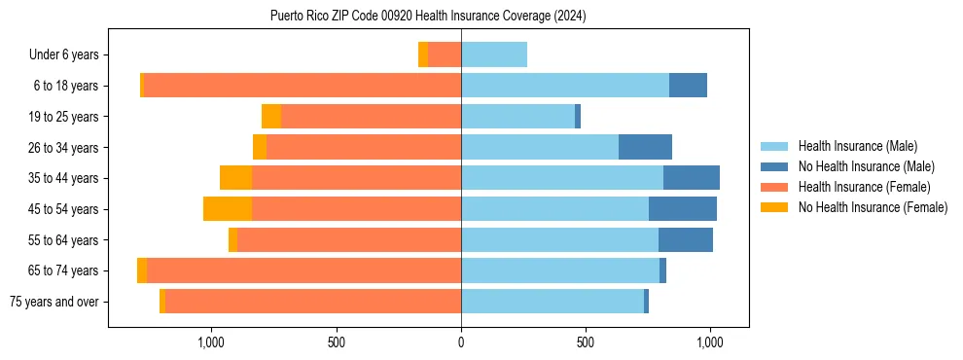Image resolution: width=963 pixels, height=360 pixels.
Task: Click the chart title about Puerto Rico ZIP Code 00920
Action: pyautogui.click(x=428, y=16)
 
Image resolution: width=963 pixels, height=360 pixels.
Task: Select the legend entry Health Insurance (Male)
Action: pyautogui.click(x=857, y=146)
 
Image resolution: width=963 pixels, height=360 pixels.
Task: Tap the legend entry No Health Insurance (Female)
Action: pyautogui.click(x=873, y=207)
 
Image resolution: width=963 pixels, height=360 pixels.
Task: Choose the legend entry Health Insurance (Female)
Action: pyautogui.click(x=864, y=187)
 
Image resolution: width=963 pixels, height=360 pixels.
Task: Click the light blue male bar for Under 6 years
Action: pyautogui.click(x=494, y=54)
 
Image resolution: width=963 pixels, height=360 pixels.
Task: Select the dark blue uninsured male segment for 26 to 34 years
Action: pyautogui.click(x=645, y=147)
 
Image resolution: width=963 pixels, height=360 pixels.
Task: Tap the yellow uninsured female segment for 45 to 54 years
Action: pyautogui.click(x=228, y=209)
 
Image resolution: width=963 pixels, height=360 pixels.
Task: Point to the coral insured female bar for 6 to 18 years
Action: pyautogui.click(x=302, y=86)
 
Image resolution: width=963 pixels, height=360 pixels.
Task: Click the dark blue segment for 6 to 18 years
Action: pyautogui.click(x=688, y=86)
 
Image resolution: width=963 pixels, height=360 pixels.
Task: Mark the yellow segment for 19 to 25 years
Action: pyautogui.click(x=271, y=117)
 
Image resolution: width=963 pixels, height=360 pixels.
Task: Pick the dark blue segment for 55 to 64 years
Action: pyautogui.click(x=686, y=239)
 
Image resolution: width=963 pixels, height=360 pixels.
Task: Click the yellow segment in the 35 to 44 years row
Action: pyautogui.click(x=235, y=178)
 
